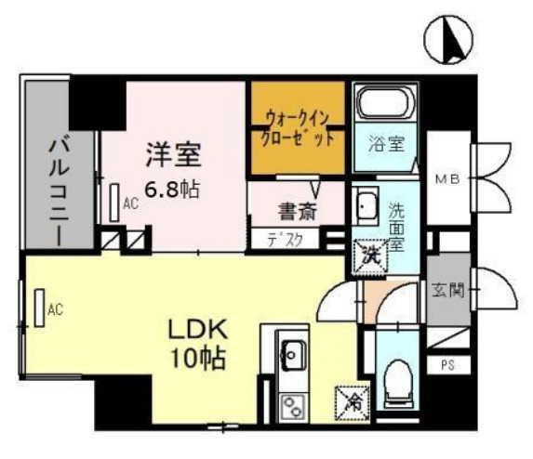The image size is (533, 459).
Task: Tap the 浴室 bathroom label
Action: click(x=385, y=145)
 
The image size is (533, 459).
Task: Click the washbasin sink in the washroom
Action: click(x=365, y=209)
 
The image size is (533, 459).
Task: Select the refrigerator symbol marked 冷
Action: click(x=353, y=402)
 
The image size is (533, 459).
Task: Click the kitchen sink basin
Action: click(x=292, y=353)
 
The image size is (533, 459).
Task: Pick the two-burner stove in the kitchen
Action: click(x=292, y=402)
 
